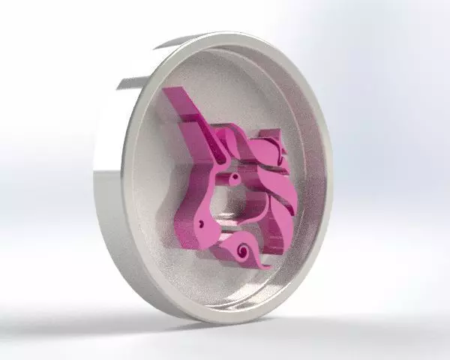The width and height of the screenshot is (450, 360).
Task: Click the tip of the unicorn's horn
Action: click(x=169, y=91)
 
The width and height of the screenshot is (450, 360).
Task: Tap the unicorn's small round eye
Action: click(x=235, y=178)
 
